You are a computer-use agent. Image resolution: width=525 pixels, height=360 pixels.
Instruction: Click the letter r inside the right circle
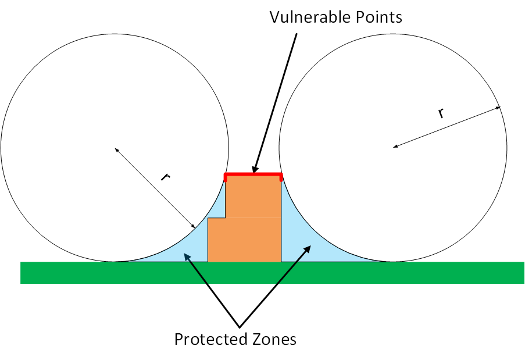(x=441, y=113)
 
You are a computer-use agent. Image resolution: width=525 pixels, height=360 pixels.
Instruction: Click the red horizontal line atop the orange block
(x=253, y=174)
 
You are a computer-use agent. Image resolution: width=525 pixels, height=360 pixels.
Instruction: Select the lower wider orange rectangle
(x=244, y=240)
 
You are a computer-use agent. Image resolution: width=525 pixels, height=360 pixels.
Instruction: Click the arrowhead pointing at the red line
(x=256, y=169)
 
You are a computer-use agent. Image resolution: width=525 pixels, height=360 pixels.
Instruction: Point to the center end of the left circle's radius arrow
(x=116, y=149)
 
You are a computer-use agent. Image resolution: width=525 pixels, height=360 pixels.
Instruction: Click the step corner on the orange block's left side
(x=225, y=219)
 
